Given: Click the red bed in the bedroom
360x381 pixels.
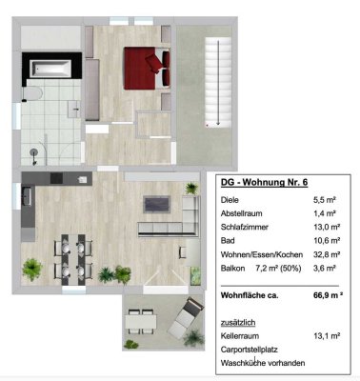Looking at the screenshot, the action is point(147,69).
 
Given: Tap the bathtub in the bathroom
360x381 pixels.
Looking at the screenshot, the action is point(50,69).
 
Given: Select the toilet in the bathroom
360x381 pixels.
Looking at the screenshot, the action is point(32,94).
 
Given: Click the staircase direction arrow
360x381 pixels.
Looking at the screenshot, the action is point(218,83).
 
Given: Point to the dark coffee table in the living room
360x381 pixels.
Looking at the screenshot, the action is point(157,204).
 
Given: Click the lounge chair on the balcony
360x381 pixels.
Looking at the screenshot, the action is point(186,318).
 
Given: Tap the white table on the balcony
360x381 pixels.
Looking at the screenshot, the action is point(141,322).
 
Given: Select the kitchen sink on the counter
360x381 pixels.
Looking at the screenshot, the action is point(27,196).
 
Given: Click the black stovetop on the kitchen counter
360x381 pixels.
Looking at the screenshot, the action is point(56,178).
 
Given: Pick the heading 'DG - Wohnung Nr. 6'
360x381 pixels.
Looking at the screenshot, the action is point(264,183).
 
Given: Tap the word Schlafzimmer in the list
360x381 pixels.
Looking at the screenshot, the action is point(245,227).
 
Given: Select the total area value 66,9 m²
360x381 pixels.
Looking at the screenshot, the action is point(328,295).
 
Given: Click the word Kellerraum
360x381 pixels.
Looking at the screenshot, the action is point(240,335).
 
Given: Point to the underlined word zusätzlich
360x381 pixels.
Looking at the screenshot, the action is point(238,323).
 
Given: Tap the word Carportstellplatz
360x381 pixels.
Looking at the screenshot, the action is point(250,350).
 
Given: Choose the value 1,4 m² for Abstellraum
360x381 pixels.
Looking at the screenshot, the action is point(325,213).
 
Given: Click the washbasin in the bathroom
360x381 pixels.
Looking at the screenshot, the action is point(74,109).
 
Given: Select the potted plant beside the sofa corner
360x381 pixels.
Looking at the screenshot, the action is point(191,188).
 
